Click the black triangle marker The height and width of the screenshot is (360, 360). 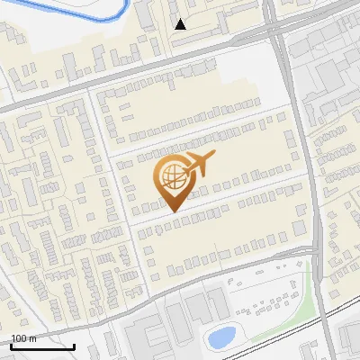(181, 24)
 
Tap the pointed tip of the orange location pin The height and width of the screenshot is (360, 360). (172, 210)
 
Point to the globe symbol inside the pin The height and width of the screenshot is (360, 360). (171, 177)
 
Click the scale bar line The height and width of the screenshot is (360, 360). (42, 346)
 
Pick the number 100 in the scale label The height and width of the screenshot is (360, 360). (19, 338)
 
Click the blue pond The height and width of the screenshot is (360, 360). (220, 337)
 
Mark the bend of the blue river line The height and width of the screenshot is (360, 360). (117, 15)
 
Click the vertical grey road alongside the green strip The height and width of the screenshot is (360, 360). (319, 270)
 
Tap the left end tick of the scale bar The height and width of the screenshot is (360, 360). (11, 346)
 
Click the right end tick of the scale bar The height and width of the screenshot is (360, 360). (74, 346)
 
